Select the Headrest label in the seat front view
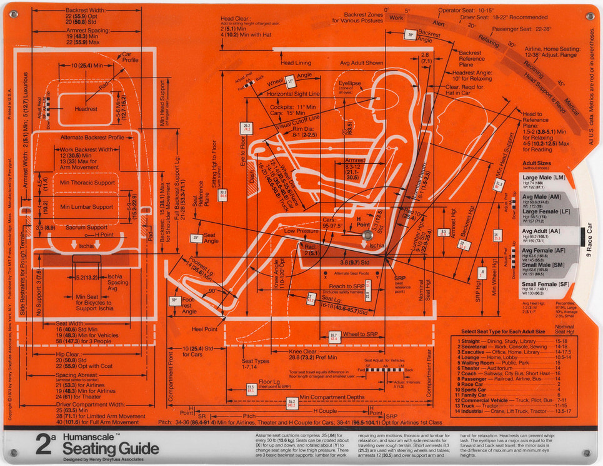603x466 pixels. click(86, 108)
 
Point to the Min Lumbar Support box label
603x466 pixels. click(86, 206)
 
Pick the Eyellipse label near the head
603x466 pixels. click(350, 83)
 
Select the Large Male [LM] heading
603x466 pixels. click(544, 178)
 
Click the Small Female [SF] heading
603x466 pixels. click(546, 285)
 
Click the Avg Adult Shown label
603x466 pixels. click(362, 63)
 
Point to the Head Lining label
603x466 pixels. click(296, 63)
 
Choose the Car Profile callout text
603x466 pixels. click(130, 58)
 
